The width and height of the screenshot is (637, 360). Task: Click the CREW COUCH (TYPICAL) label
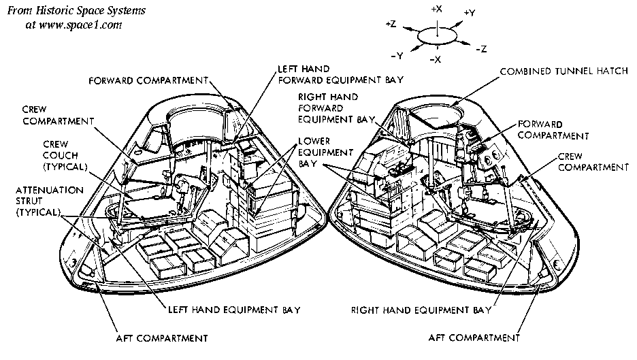click(x=63, y=155)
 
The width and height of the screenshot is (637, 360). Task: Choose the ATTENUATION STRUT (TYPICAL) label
click(x=41, y=201)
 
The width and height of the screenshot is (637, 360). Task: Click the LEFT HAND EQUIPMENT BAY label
click(x=233, y=310)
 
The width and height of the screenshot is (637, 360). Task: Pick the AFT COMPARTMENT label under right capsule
click(x=474, y=337)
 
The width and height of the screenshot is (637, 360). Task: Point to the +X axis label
click(x=437, y=9)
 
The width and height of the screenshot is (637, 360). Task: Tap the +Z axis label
click(x=391, y=24)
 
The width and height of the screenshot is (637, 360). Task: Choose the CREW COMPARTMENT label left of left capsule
click(x=56, y=115)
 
